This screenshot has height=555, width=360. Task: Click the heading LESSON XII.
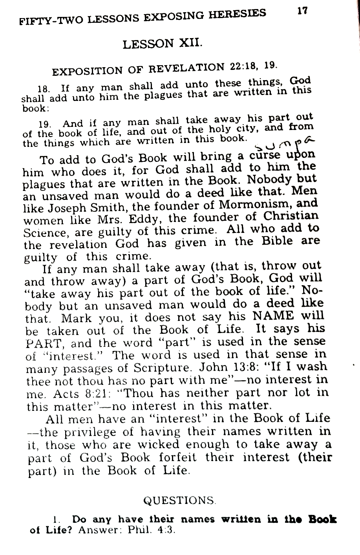[x=163, y=43]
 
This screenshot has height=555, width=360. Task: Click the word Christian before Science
[x=290, y=216]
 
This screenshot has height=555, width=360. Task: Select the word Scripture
[x=165, y=368]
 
